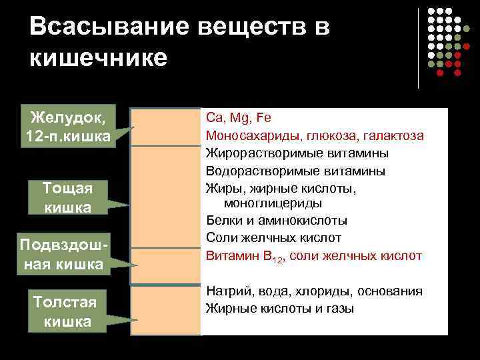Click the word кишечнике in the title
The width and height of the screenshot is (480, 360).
98,58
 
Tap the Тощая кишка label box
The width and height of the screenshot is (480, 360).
67,197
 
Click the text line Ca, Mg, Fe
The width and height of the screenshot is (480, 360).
239,118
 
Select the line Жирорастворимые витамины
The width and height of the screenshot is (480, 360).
297,153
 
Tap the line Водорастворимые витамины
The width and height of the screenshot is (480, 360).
295,171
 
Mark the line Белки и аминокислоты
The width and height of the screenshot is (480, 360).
277,221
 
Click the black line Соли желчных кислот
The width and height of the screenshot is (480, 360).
273,238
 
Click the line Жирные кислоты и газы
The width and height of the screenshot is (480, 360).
280,309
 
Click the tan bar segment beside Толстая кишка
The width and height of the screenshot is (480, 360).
164,310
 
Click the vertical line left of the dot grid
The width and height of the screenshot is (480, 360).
419,48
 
